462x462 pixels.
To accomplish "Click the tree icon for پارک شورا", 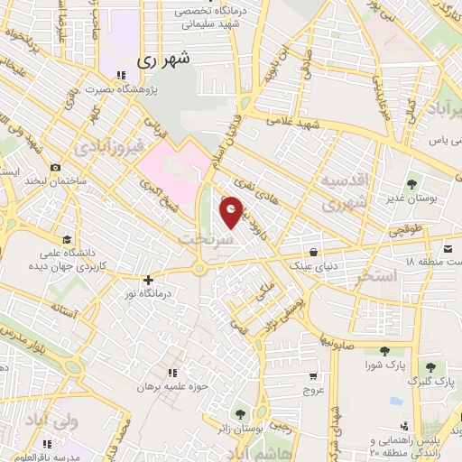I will pos(384,351).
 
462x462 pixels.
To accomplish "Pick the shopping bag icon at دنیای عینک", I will pos(312,252).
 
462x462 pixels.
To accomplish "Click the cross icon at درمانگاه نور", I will pos(150,281).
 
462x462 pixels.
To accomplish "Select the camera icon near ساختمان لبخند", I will pos(56,168).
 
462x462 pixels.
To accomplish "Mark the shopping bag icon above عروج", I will pos(312,377).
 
